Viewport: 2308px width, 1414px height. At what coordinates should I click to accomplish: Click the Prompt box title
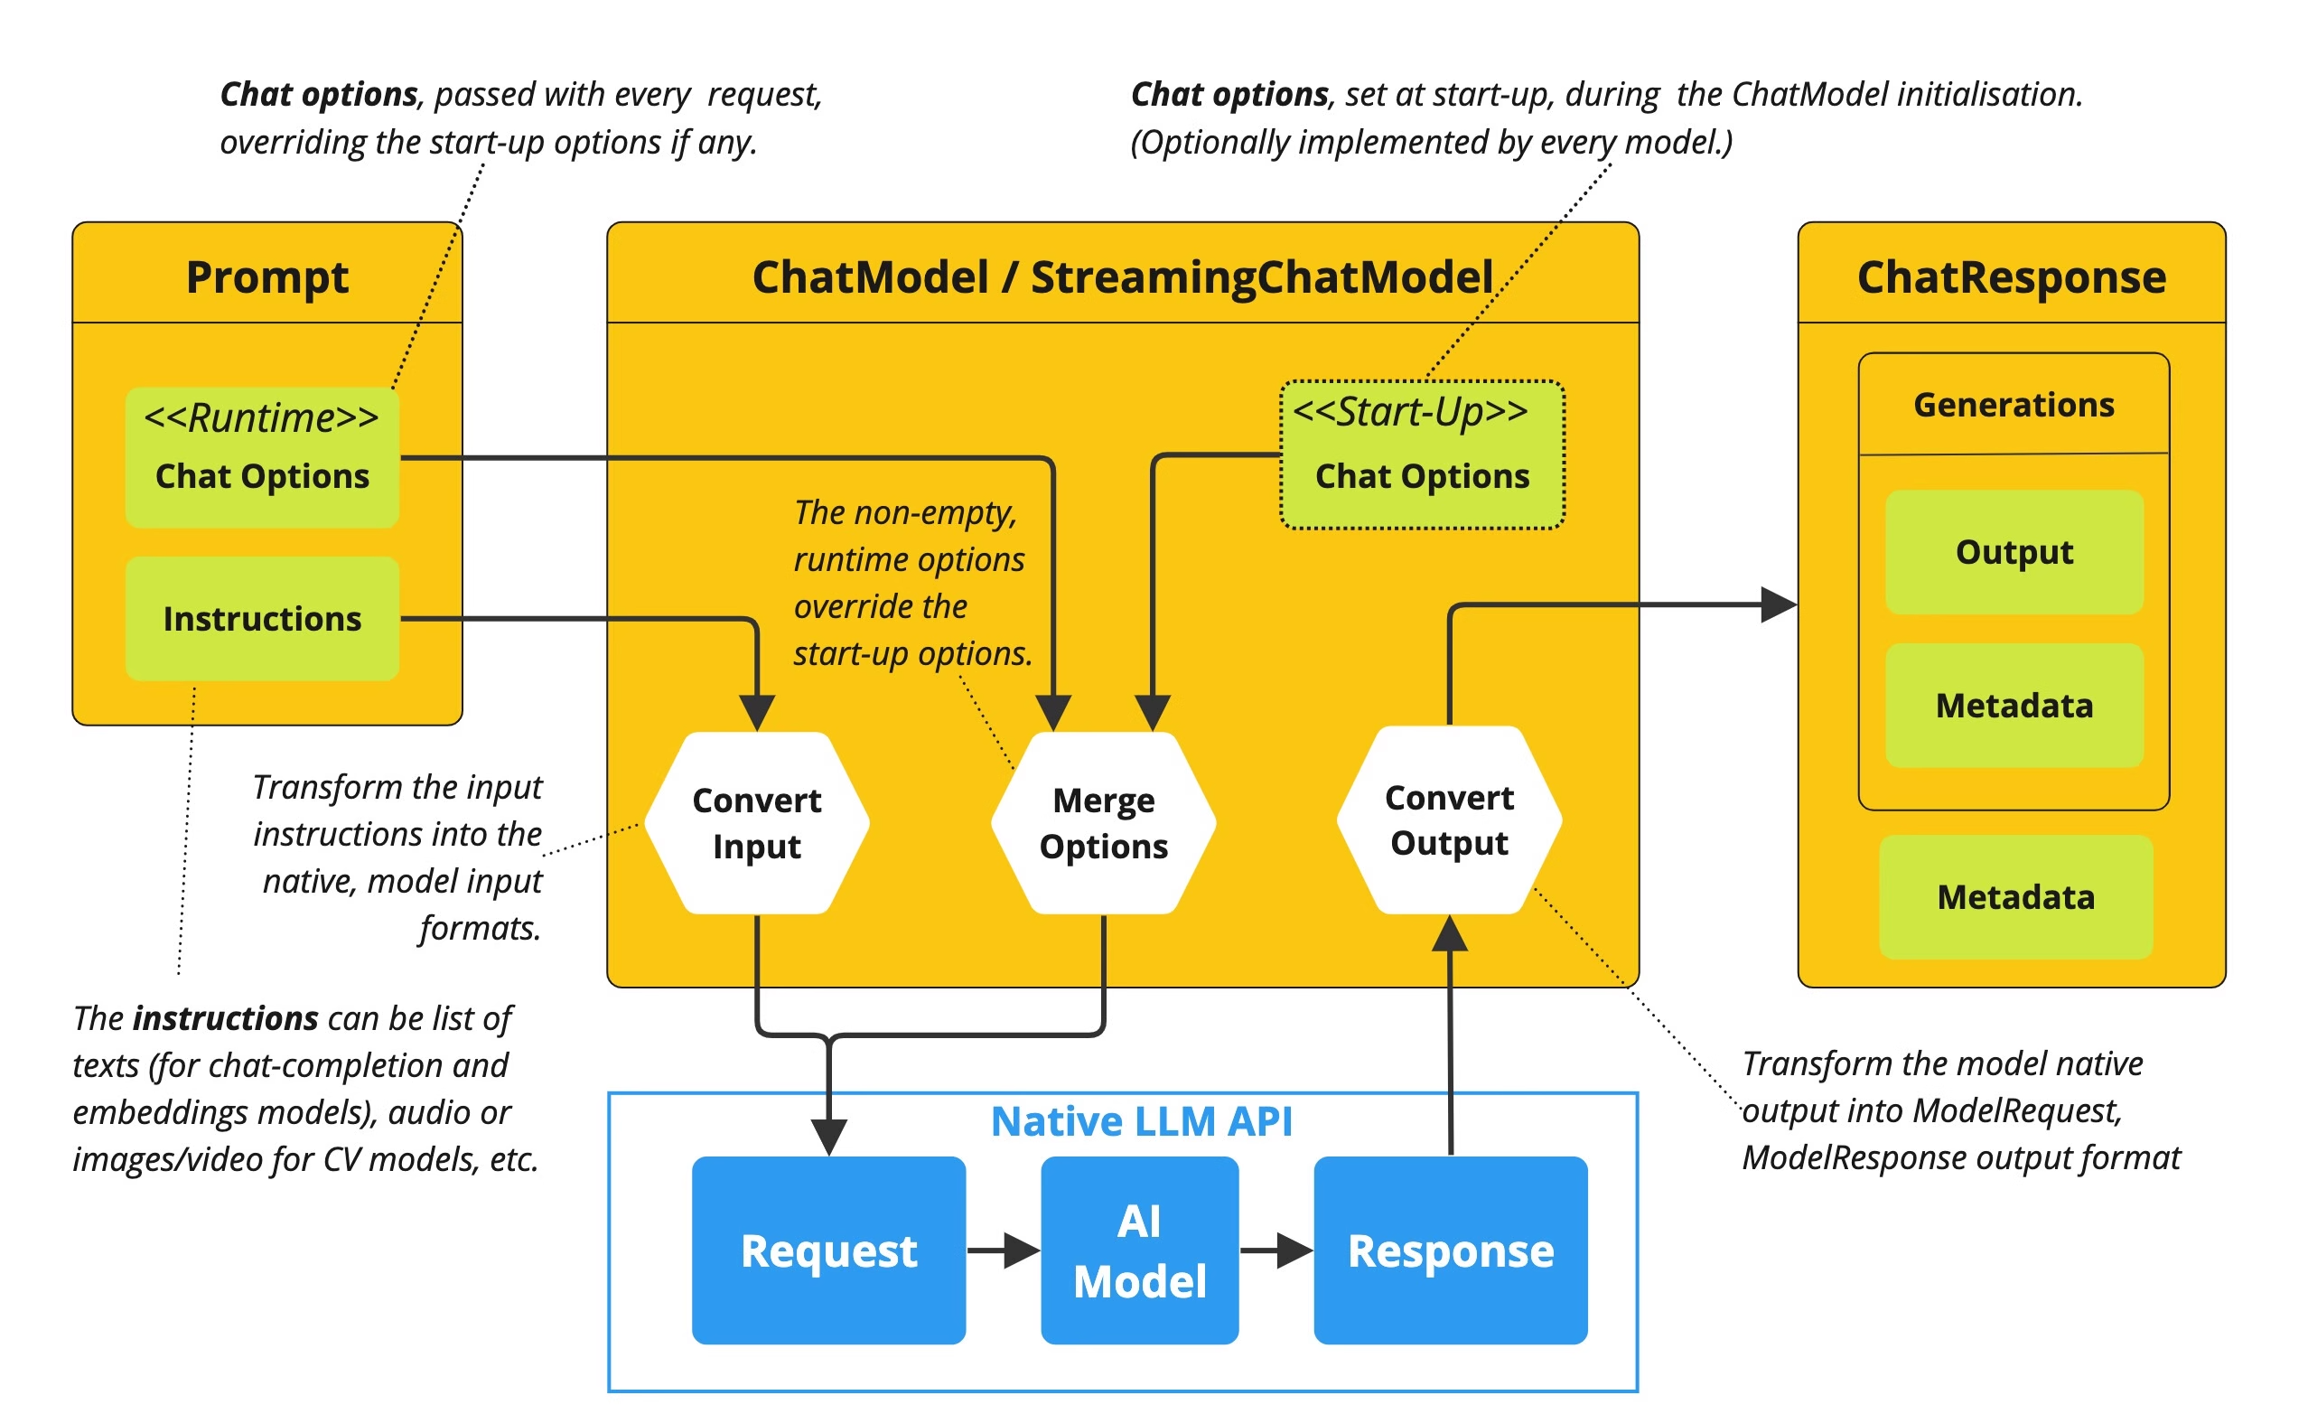[267, 277]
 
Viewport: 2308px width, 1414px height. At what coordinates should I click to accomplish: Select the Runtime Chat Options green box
[262, 457]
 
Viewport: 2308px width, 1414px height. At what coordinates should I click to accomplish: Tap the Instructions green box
[262, 618]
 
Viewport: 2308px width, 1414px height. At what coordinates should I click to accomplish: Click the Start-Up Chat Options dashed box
[1422, 454]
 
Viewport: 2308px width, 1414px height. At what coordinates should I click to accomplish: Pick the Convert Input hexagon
[757, 823]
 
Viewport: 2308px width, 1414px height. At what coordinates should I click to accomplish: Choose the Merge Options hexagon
[1104, 823]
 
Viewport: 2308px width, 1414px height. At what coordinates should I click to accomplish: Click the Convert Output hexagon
[1449, 819]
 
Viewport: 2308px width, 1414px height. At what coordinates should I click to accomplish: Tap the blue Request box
[828, 1250]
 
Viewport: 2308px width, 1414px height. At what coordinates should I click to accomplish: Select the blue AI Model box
[1139, 1250]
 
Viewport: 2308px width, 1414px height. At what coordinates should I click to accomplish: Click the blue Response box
[1450, 1250]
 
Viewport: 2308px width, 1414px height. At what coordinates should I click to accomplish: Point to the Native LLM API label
[1141, 1121]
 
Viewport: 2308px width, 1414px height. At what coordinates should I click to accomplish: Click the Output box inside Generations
[2014, 552]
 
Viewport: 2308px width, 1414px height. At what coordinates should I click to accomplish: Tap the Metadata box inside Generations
[2014, 706]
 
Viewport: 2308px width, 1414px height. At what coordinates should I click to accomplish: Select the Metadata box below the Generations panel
[2015, 897]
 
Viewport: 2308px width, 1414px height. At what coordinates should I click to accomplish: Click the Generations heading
[2014, 405]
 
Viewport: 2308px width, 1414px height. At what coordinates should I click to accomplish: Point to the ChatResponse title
[2011, 277]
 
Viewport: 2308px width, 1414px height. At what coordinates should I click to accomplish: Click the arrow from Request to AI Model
[1004, 1250]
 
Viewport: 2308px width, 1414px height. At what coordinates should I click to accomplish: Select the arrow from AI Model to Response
[1276, 1250]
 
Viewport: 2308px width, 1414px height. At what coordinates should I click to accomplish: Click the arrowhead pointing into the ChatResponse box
[1778, 604]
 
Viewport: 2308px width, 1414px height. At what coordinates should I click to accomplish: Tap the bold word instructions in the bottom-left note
[226, 1017]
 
